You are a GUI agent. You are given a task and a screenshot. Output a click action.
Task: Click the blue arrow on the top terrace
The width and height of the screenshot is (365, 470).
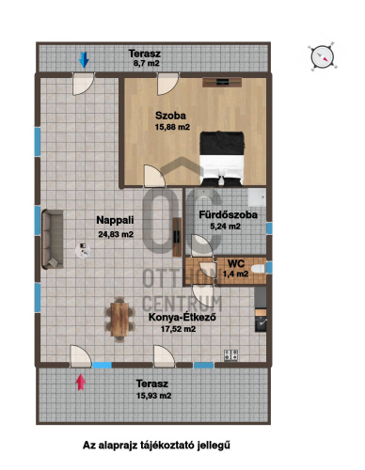[x=84, y=60]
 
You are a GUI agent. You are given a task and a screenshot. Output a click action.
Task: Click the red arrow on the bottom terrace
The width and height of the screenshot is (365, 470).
[x=81, y=382]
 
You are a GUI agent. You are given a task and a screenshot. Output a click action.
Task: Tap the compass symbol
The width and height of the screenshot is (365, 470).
[x=323, y=56]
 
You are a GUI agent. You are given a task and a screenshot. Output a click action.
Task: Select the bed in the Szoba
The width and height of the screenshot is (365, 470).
[x=222, y=158]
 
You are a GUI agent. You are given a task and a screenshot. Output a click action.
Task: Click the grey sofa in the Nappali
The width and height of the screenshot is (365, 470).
[x=53, y=240]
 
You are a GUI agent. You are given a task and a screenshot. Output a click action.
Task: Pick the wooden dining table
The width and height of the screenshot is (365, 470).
[x=119, y=320]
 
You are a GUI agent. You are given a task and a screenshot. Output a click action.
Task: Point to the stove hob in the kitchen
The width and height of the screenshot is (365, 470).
[x=230, y=355]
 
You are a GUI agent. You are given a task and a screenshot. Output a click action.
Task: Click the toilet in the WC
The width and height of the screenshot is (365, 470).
[x=259, y=269]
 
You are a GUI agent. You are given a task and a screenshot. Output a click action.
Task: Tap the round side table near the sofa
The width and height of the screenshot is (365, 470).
[x=83, y=250]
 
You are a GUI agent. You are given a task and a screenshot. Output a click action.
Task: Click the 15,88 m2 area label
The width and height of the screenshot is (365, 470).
[x=172, y=127]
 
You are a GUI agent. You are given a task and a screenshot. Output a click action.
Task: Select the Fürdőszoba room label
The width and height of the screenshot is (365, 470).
[x=229, y=215]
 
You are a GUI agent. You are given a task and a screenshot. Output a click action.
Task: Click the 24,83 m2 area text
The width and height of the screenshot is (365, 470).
[x=116, y=234]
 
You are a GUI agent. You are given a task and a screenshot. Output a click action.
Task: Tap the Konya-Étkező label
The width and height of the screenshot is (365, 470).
[x=182, y=317]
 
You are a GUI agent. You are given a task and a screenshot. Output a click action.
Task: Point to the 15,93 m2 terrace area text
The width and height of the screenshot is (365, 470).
[x=154, y=396]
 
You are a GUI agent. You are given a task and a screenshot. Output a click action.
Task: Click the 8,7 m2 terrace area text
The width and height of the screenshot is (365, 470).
[x=147, y=63]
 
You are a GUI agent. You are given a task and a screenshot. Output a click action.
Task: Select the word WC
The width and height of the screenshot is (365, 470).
[x=236, y=263]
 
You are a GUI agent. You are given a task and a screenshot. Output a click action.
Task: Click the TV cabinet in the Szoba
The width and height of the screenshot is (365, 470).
[x=222, y=83]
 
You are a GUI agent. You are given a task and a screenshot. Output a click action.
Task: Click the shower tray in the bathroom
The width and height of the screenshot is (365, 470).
[x=257, y=196]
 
